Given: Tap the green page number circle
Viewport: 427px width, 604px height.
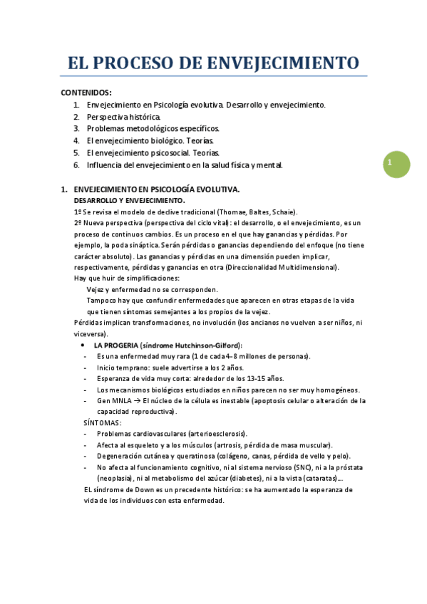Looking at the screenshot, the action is [393, 164].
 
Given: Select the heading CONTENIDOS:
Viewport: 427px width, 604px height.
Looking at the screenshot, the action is [86, 93].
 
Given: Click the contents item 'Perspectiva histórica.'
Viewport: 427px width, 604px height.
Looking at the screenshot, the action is [124, 117].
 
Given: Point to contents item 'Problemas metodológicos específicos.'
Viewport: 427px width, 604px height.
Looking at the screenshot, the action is [153, 129].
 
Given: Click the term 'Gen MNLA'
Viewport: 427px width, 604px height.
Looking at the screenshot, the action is [113, 401].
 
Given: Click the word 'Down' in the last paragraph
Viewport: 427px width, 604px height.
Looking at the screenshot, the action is [142, 489].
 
